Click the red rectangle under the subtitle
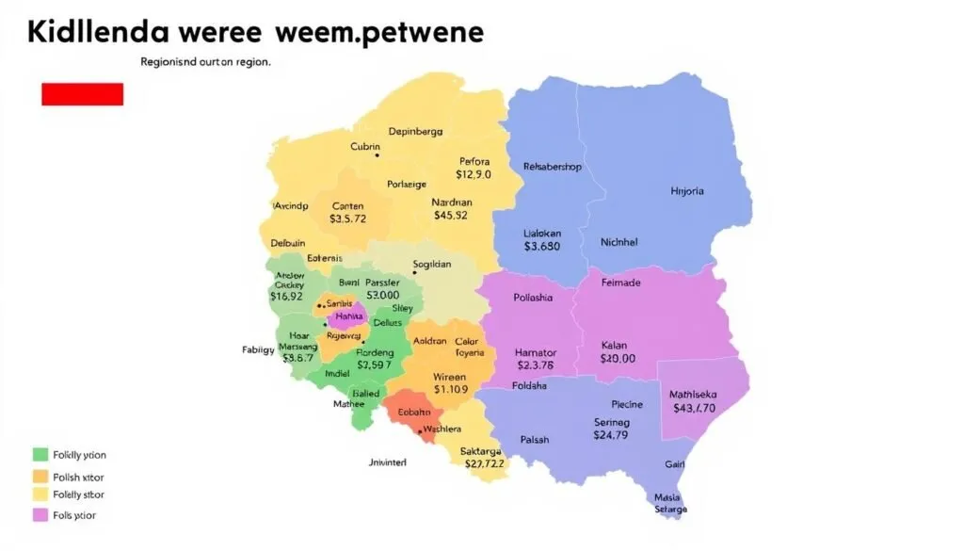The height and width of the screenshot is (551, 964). click(82, 93)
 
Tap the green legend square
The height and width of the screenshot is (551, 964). click(40, 455)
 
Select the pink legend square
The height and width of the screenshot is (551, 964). click(40, 515)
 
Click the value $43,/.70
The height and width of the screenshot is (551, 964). click(694, 408)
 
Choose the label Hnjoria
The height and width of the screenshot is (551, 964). click(686, 191)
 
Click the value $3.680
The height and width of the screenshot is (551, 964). click(541, 246)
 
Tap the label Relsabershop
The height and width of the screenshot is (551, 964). click(552, 167)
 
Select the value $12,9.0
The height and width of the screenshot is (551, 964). click(474, 174)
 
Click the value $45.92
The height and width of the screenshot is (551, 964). click(450, 215)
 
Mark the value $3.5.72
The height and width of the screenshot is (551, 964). click(347, 219)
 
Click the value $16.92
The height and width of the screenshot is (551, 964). click(286, 295)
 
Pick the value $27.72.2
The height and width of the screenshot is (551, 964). click(482, 463)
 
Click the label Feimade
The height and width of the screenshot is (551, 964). click(619, 283)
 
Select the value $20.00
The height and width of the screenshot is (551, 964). click(618, 358)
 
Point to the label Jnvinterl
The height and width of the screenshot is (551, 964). click(387, 462)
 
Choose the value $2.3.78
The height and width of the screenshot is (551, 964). click(536, 365)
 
